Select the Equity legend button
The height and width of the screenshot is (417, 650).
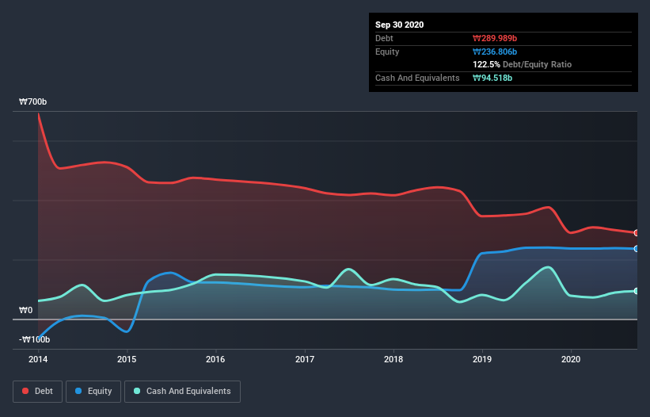coord(93,391)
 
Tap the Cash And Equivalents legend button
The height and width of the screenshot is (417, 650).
coord(182,391)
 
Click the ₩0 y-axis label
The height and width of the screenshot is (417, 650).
coord(26,310)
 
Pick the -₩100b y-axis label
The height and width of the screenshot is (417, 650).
coord(35,339)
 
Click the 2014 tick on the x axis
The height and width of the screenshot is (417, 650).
coord(38,359)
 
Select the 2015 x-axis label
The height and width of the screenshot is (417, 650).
coord(127,359)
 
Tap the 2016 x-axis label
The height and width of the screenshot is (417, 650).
coord(215,359)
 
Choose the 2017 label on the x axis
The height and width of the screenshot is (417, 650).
coord(304,359)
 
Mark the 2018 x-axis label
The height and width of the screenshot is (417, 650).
coord(393,359)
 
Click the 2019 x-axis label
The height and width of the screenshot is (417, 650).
coord(481,359)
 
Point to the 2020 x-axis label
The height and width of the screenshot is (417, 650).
coord(570,359)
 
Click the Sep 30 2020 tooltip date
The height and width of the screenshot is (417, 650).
coord(400,25)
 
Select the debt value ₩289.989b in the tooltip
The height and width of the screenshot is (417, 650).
coord(495,38)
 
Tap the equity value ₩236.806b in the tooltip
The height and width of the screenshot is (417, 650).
coord(495,52)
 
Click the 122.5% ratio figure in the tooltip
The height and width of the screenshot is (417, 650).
coord(486,64)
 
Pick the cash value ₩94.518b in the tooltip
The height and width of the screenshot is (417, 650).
coord(492,78)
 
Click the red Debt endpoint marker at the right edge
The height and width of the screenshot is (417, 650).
coord(636,232)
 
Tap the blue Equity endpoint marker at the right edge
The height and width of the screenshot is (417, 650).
coord(636,249)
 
